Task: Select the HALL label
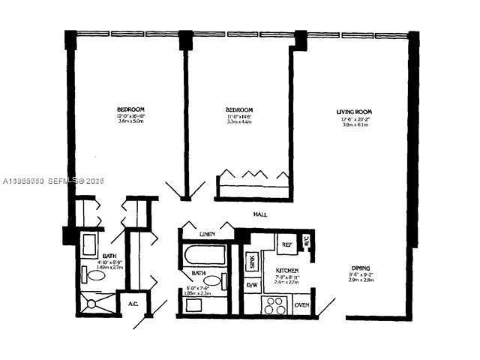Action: coord(260,215)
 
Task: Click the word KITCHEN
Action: coord(287,270)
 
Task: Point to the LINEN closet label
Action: coord(207,235)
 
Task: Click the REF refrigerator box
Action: coord(286,244)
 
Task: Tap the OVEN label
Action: coord(301,304)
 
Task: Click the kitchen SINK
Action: coord(252,262)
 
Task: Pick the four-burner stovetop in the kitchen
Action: coord(273,304)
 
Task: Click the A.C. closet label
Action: coord(132,304)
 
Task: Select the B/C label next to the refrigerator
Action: coord(306,241)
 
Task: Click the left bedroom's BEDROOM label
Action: coord(130,109)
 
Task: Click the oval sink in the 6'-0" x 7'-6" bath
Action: coord(212,281)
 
